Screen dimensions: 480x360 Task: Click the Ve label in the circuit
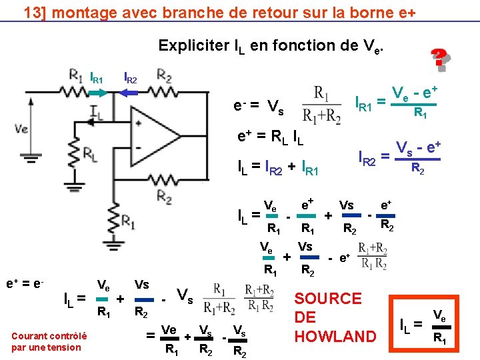pos(22,129)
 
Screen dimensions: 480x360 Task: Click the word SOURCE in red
pos(327,299)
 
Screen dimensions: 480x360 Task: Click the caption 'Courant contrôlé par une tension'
pos(46,342)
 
